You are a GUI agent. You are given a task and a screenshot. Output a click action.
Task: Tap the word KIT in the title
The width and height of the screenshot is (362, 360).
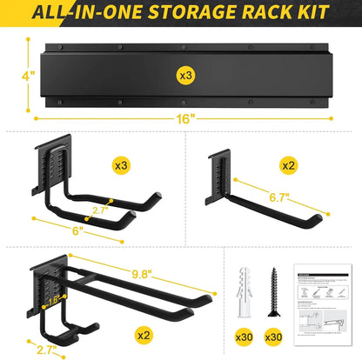coord(308,13)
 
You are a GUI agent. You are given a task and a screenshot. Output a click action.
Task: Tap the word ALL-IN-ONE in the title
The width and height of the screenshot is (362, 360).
coord(90,13)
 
